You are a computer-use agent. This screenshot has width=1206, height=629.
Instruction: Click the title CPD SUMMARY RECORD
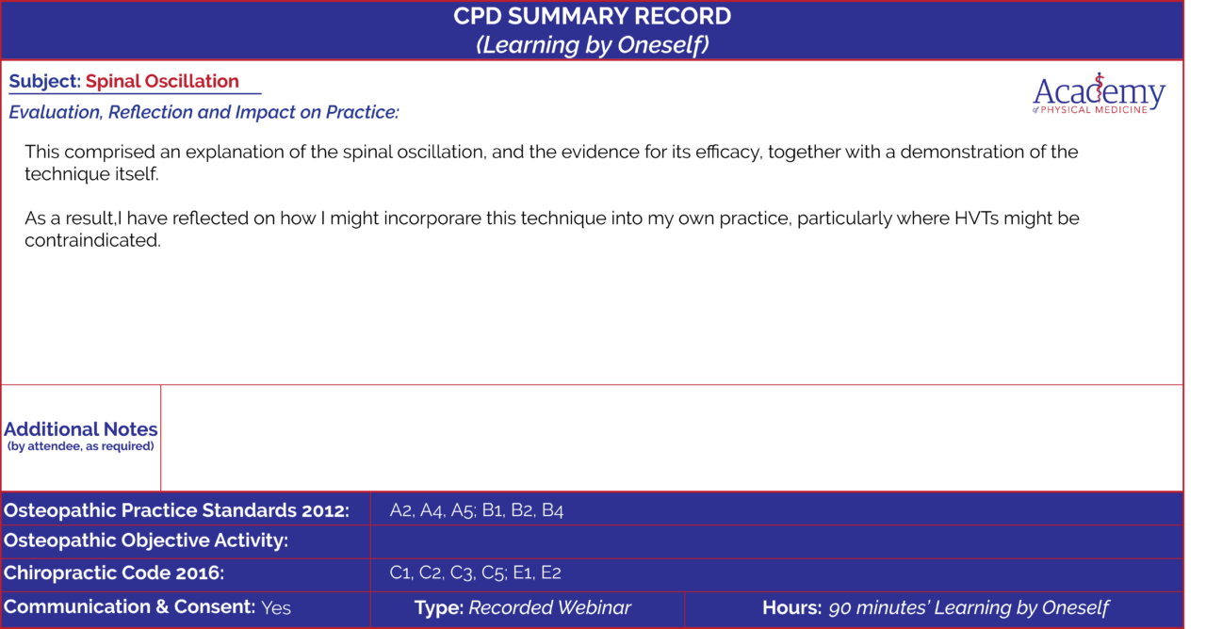pyautogui.click(x=592, y=16)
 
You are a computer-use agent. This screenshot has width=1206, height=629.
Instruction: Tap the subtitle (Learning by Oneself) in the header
pyautogui.click(x=592, y=44)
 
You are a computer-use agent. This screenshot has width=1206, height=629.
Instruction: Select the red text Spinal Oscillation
pyautogui.click(x=162, y=81)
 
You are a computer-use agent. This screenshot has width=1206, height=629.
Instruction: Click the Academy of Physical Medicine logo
pyautogui.click(x=1099, y=94)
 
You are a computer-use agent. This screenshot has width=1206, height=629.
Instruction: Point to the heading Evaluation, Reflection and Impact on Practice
pyautogui.click(x=204, y=112)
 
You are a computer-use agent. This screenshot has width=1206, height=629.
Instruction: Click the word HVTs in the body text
pyautogui.click(x=976, y=218)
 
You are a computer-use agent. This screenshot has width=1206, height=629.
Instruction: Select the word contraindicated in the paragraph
pyautogui.click(x=92, y=240)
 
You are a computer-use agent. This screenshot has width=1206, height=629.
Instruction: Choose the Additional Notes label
pyautogui.click(x=81, y=428)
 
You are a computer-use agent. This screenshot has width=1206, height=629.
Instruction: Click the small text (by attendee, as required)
pyautogui.click(x=81, y=446)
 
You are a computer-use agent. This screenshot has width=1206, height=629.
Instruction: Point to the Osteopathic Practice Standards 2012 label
pyautogui.click(x=176, y=510)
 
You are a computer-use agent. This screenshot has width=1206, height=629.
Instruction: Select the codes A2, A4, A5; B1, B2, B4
pyautogui.click(x=477, y=510)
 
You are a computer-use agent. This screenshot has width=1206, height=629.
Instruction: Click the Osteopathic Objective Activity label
pyautogui.click(x=146, y=540)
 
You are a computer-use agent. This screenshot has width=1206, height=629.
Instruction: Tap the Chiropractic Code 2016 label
pyautogui.click(x=114, y=573)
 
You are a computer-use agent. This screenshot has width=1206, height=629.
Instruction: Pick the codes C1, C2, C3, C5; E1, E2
pyautogui.click(x=476, y=573)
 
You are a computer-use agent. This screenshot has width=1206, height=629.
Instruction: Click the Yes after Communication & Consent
pyautogui.click(x=276, y=608)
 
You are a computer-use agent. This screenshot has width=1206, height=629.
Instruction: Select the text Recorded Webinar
pyautogui.click(x=549, y=607)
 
